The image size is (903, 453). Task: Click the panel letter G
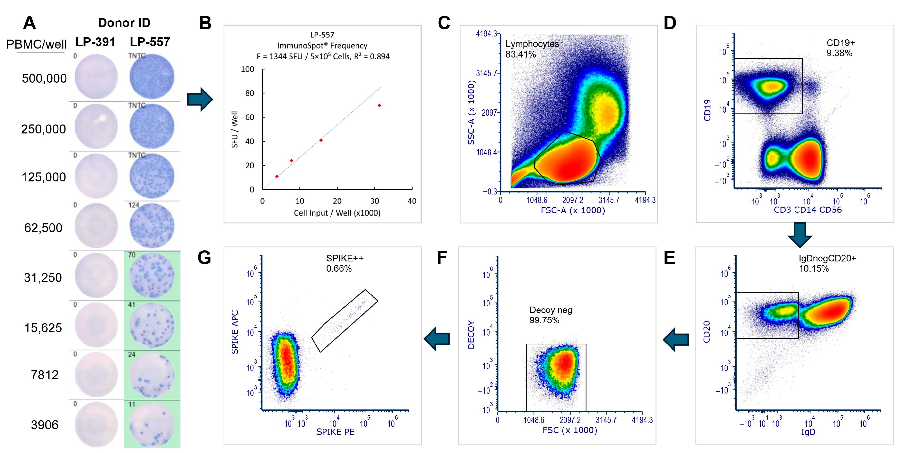point(204,258)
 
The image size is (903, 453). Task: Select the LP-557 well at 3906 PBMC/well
point(152,425)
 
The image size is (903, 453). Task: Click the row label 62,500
point(43,228)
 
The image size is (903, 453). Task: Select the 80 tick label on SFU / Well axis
point(249,93)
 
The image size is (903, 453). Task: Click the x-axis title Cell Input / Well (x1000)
point(337,213)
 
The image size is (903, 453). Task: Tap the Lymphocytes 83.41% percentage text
point(521,55)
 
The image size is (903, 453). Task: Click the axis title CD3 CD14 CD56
point(807,210)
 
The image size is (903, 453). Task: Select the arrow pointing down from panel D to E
point(800,234)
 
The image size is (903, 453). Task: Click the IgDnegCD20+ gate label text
point(827,258)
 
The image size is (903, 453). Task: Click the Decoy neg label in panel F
point(550,310)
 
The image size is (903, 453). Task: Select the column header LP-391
point(95,42)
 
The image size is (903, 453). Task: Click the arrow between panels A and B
point(200,100)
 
